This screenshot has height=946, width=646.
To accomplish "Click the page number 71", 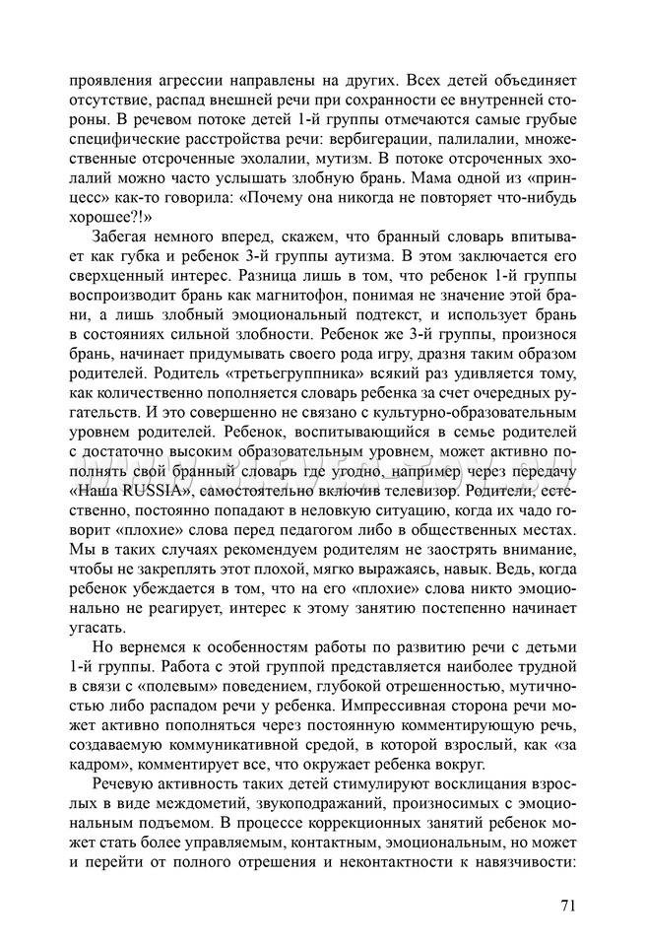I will [567, 906].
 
